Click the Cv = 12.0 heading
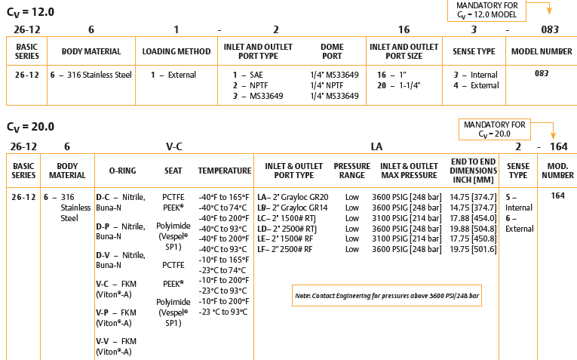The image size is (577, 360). (30, 12)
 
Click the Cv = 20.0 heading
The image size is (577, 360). (30, 127)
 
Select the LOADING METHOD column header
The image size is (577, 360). (176, 52)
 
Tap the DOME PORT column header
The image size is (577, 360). (332, 51)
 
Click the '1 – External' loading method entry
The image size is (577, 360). (173, 75)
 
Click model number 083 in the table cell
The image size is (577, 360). (541, 74)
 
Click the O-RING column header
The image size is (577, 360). (123, 171)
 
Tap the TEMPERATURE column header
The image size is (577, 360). (225, 171)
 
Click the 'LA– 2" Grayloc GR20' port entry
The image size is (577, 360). (293, 196)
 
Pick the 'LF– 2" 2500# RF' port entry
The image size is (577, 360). (285, 249)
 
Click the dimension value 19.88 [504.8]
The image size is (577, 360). (472, 228)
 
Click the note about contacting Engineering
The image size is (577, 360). (386, 295)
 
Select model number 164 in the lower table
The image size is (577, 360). (557, 196)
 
